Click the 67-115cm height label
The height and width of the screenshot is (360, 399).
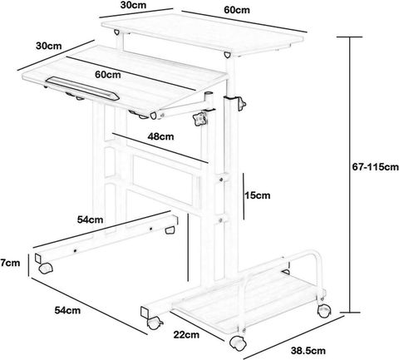pos(375,167)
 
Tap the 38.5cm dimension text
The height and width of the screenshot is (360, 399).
pos(308,351)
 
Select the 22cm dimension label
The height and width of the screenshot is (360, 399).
pos(186,334)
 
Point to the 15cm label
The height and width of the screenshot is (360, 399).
pos(257,195)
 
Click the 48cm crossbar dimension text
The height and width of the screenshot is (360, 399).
pos(160,136)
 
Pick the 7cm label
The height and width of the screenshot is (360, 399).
pos(10,263)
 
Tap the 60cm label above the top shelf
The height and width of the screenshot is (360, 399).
pos(237,10)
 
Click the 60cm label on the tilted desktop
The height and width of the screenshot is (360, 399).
pos(108,75)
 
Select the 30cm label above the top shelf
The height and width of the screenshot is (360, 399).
pos(133,5)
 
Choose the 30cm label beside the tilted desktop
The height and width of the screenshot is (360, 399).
pos(49,46)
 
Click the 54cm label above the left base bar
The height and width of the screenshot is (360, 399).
pos(90,219)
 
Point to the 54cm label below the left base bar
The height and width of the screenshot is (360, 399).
pos(67,310)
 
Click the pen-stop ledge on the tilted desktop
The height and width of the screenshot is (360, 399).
pos(83,88)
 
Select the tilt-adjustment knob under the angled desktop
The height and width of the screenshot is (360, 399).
pos(199,118)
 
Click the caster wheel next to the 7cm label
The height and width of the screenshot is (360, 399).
pos(46,268)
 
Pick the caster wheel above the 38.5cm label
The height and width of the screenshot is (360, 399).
pos(238,343)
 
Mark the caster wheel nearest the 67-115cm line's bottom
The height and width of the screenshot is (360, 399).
pos(324,311)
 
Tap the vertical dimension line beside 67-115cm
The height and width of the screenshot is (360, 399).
pos(350,175)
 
